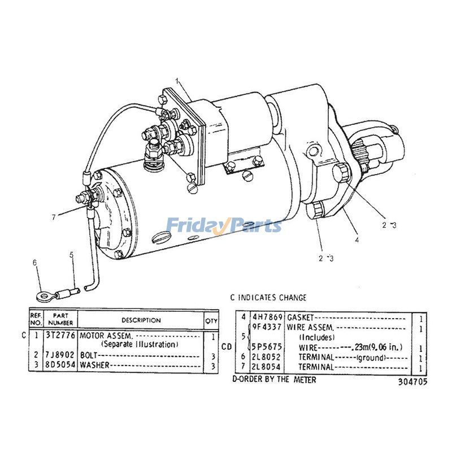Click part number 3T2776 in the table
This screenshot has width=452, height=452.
pos(60,335)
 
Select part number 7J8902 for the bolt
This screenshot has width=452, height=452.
pos(60,355)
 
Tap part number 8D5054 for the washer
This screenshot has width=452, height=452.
pos(60,364)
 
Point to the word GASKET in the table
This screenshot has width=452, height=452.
pos(300,318)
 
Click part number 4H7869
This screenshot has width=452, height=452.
pos(267,317)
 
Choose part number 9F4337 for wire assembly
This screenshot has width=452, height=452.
pos(267,327)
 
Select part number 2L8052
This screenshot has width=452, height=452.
pos(266,357)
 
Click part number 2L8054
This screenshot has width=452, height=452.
pos(266,367)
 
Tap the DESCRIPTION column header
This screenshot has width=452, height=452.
pos(141,320)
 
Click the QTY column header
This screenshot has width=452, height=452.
pos(211,320)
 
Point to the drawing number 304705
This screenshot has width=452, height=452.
pos(412,382)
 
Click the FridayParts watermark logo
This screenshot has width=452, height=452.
pos(224,225)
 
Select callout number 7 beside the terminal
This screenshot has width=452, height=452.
pos(54,217)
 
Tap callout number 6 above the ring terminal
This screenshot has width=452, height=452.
pos(35,263)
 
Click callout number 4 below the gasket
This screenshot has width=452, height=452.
pos(357,240)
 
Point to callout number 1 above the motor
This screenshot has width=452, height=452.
pos(177,81)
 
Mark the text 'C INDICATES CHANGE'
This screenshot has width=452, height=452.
pos(268,297)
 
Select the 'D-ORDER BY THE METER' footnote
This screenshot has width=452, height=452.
pos(274,379)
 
